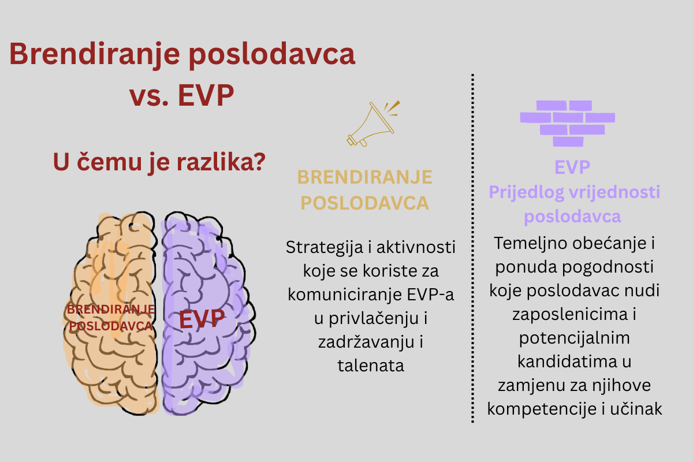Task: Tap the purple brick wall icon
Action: coord(567,123)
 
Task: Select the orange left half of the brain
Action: coord(112,312)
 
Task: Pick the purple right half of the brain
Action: coord(207,312)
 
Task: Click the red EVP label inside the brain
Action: coord(202,319)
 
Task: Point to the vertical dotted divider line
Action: coord(472,248)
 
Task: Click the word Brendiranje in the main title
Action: coord(95,55)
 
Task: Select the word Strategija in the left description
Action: coord(325,248)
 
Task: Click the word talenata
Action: coord(371,366)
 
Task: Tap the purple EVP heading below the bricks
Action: coord(572,167)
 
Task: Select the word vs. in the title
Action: coord(149,96)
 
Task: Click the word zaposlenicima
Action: coord(569,314)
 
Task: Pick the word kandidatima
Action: coord(567,362)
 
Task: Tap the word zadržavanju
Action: coord(366,342)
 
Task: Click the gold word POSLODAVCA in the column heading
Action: coord(365,203)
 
